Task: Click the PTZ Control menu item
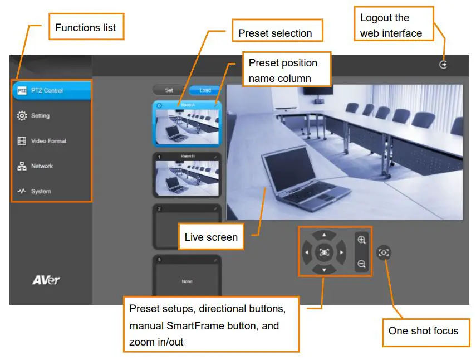(x=50, y=91)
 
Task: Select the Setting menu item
(x=40, y=116)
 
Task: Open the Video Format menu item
(x=48, y=141)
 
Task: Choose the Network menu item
(x=42, y=166)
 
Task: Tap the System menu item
(x=41, y=191)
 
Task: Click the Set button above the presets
(x=170, y=90)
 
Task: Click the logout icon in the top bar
(x=443, y=65)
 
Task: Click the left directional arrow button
(x=307, y=252)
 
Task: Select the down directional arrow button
(x=324, y=269)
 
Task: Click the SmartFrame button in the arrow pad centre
(x=324, y=252)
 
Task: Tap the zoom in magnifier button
(x=362, y=240)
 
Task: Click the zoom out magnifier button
(x=362, y=264)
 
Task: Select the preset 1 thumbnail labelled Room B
(x=187, y=174)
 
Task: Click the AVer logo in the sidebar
(x=46, y=280)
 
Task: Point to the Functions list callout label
(x=86, y=27)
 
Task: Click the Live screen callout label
(x=211, y=237)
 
